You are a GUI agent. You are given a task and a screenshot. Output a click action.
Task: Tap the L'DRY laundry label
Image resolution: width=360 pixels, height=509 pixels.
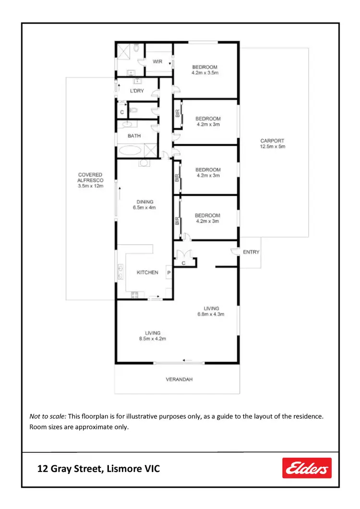137,91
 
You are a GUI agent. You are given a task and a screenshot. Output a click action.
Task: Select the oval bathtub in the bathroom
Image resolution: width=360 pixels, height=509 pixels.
131,150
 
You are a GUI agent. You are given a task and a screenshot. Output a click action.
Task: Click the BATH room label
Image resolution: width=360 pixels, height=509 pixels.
134,136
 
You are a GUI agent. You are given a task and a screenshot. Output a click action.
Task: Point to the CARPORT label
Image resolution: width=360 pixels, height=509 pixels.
272,141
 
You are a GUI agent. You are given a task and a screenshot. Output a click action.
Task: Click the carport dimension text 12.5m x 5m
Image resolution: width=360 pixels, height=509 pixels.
272,146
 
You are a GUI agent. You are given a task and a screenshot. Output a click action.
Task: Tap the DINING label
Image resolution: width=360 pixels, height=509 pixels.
144,202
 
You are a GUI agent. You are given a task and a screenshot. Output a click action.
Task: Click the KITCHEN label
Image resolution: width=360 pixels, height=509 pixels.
147,272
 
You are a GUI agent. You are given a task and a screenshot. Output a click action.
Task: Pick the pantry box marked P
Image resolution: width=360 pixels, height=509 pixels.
168,272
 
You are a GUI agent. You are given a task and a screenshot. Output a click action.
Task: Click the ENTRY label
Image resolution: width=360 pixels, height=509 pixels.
251,252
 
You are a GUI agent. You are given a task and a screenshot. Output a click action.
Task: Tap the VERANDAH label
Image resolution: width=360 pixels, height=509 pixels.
179,379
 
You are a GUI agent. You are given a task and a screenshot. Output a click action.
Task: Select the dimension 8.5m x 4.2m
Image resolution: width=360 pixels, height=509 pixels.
153,339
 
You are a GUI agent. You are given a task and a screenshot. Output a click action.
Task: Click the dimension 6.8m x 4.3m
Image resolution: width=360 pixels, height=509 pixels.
211,314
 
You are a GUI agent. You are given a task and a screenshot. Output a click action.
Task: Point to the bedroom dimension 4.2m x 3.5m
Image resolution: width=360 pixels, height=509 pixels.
205,73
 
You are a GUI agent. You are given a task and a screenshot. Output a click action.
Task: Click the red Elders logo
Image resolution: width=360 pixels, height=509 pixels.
307,468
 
